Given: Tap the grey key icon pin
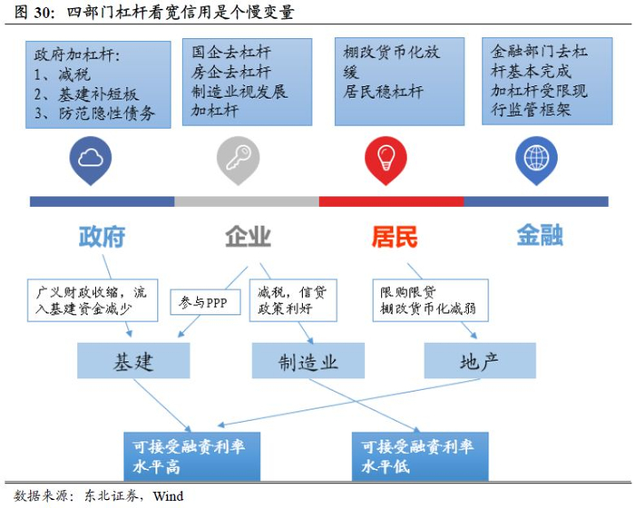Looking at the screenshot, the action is point(238,160).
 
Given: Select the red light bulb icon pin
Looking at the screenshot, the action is point(386,160).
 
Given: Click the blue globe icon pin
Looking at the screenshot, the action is point(534,160).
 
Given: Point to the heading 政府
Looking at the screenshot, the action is point(102,237).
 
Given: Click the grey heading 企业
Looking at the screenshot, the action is point(248,237).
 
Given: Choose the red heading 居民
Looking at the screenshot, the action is point(395,237).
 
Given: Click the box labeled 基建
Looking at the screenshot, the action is point(133,361).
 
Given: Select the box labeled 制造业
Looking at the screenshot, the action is point(308,361).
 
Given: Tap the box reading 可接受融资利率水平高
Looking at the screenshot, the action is point(190,454).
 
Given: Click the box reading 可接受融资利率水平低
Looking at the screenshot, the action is point(419,454).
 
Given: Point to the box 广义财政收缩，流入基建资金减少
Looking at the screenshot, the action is point(90,301).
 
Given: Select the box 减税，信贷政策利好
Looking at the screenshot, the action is point(296,301).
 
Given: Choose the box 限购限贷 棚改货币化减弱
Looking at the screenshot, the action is point(429,301).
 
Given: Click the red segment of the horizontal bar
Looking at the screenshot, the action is point(390,200).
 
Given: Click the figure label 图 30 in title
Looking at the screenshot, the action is point(31,13).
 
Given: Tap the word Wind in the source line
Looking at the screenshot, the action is point(168,496).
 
